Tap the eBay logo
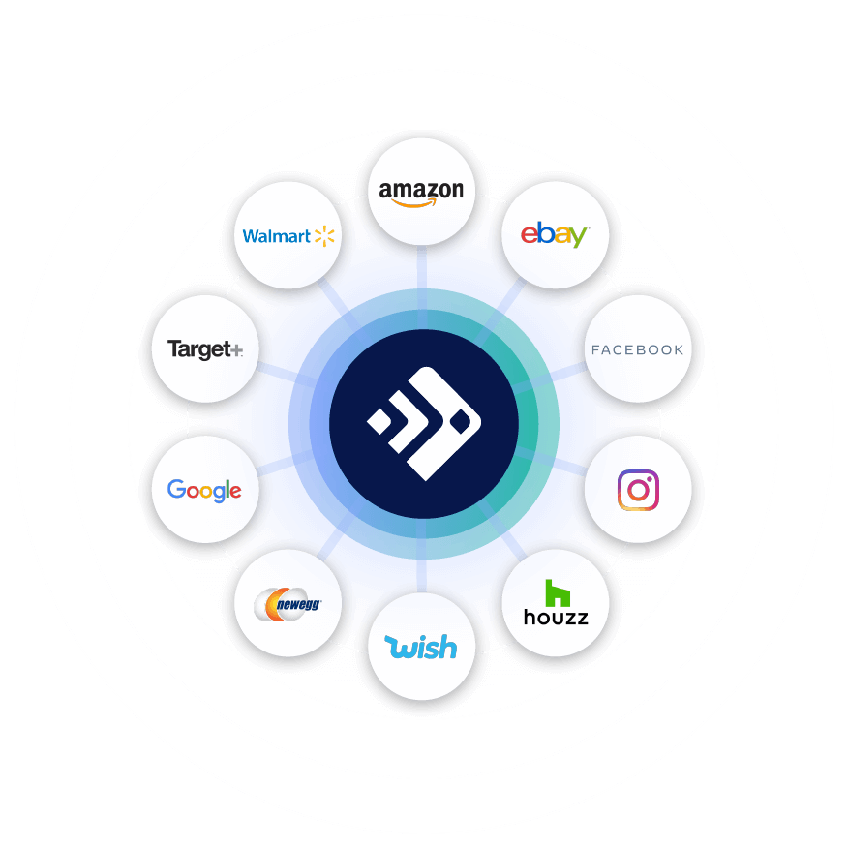coord(554,234)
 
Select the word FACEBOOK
coord(637,349)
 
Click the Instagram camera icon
coord(638,491)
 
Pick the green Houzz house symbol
coord(556,592)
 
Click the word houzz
coord(556,617)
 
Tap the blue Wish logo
coord(421,647)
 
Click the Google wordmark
coord(204,490)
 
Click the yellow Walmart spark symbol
coord(323,235)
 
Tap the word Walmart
coord(276,236)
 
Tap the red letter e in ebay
coord(529,235)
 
